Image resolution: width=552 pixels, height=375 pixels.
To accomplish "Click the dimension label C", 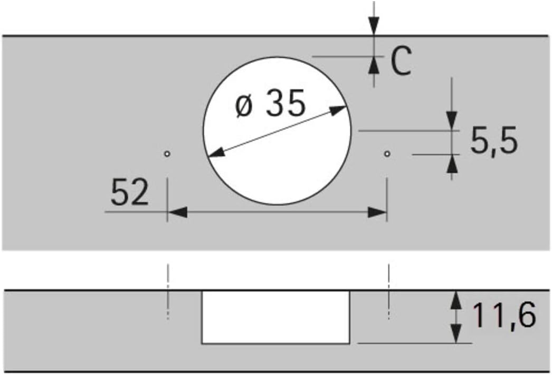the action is coord(401,61).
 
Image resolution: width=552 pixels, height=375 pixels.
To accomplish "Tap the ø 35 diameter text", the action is coord(270,103).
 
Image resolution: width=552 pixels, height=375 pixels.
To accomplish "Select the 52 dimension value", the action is coord(129,192).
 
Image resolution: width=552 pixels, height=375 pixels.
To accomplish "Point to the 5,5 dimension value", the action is coord(494,140).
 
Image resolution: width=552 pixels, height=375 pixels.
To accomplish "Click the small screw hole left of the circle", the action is coord(168,153).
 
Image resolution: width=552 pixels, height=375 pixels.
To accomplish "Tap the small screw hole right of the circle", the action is coord(387,153).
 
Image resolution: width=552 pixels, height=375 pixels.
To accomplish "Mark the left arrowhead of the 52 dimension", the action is coord(177,212).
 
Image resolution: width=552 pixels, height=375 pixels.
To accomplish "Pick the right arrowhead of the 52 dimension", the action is coord(377,212).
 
